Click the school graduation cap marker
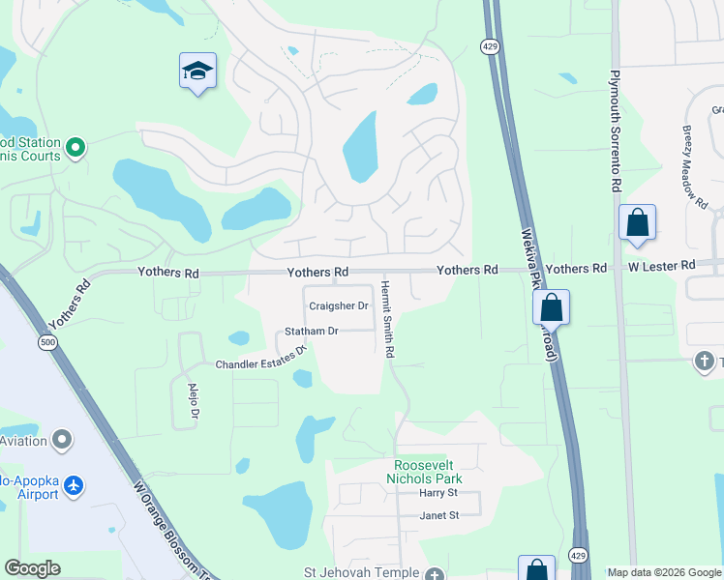click(x=197, y=72)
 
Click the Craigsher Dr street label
click(x=339, y=306)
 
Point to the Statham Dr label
click(x=311, y=332)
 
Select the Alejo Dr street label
click(x=192, y=401)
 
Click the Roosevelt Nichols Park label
click(x=424, y=472)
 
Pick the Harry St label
click(x=437, y=493)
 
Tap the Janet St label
click(x=438, y=515)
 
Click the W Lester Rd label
click(x=661, y=265)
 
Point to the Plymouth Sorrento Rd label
click(x=615, y=130)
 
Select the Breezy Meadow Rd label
click(x=693, y=167)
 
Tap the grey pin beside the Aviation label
click(x=63, y=441)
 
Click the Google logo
click(x=32, y=568)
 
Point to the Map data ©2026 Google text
click(x=663, y=572)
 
